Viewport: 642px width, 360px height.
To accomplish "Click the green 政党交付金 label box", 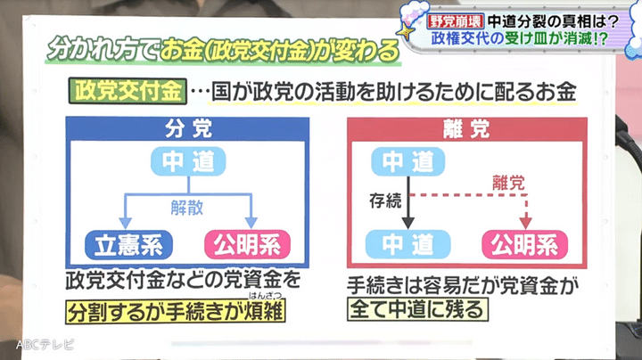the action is tap(128, 91).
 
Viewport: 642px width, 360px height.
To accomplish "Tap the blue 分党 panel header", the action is tap(187, 129).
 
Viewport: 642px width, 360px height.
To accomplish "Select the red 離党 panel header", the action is tap(466, 129).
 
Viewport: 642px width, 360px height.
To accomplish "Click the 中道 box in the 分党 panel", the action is tap(188, 161).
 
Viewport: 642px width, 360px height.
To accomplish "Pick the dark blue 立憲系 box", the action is tap(128, 245).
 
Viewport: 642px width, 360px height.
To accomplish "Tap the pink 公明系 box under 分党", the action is tap(247, 245).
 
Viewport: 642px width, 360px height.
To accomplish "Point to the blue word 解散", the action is tap(187, 208).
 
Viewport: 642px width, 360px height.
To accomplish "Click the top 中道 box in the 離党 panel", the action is tap(407, 161).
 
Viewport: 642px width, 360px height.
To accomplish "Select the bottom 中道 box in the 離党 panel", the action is tap(407, 244).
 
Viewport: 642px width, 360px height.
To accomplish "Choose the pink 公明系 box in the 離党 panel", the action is tap(525, 245).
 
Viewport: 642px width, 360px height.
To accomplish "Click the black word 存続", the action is tap(385, 200).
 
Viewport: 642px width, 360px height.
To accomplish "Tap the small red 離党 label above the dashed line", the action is tap(508, 183).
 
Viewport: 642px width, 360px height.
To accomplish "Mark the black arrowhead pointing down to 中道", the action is tap(407, 223).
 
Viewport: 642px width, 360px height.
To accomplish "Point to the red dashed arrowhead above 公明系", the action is tap(526, 223).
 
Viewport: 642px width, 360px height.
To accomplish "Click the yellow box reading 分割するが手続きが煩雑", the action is tap(176, 312).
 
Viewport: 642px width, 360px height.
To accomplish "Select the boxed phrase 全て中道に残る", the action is tap(417, 309).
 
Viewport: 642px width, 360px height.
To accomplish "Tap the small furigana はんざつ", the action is tap(266, 295).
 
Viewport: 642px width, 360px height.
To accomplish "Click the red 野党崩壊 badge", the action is tap(456, 21).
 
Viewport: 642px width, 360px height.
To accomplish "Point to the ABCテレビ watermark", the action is tap(45, 345).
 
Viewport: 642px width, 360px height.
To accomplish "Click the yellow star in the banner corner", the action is tap(406, 32).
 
